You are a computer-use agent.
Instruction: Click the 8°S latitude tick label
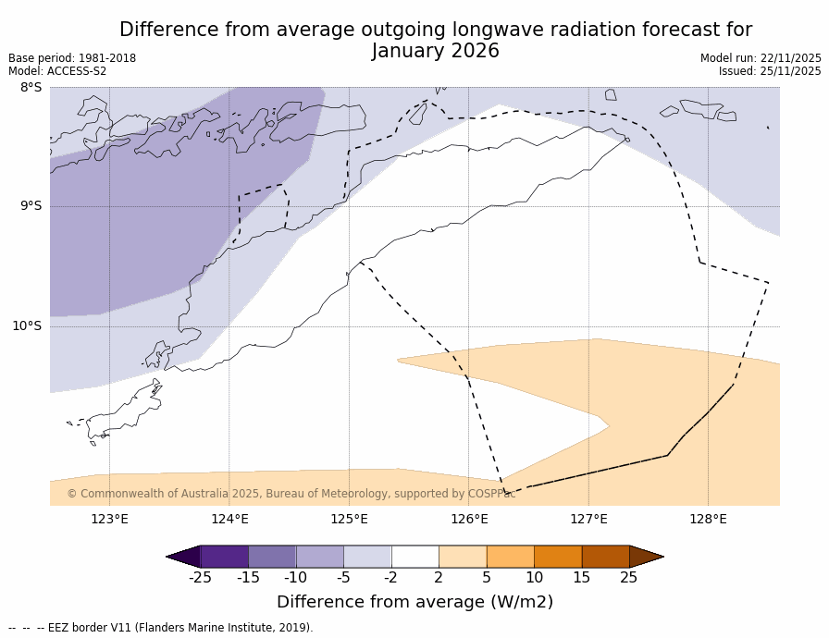coord(31,88)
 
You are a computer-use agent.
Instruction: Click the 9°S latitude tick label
coord(31,206)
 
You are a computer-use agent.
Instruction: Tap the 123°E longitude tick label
coord(109,519)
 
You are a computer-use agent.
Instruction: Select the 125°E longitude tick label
coord(349,519)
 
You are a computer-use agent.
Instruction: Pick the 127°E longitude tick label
coord(588,519)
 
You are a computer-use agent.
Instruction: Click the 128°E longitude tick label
coord(708,519)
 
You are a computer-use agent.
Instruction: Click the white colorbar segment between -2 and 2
coord(414,557)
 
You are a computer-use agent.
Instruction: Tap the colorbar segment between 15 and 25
coord(605,557)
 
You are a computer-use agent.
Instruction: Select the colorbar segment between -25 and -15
coord(224,557)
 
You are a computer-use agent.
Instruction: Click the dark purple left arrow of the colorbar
coord(183,557)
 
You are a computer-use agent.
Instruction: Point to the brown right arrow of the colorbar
coord(646,557)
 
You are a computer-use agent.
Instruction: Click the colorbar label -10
coord(295,578)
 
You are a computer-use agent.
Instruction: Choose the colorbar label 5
coord(486,578)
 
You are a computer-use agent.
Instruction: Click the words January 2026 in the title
coord(435,52)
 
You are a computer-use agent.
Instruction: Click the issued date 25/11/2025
coord(791,71)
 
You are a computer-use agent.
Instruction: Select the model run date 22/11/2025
coord(791,58)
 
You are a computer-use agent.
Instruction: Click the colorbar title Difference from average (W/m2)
coord(414,602)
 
